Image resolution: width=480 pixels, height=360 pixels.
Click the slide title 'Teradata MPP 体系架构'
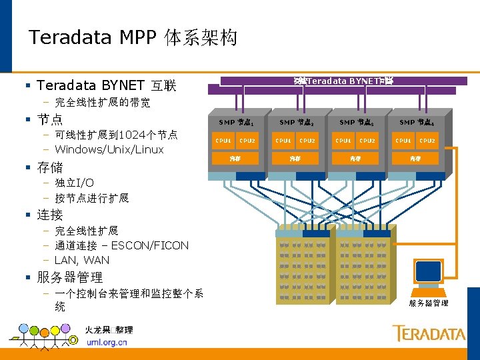(133, 37)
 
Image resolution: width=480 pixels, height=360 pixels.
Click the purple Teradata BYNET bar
(343, 81)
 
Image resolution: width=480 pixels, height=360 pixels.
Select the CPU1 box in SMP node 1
(223, 141)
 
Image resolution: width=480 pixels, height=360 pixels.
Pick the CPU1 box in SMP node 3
(343, 141)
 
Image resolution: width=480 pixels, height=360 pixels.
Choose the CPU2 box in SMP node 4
(427, 141)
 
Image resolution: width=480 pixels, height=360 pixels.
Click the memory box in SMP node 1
(235, 159)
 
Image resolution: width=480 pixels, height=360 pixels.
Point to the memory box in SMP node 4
(415, 159)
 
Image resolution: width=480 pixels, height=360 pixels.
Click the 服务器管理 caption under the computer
(428, 303)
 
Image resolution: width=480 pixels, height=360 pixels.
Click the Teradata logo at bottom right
(428, 333)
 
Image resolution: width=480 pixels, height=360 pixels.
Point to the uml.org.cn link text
(107, 342)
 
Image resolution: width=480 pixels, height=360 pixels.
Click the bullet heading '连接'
(50, 215)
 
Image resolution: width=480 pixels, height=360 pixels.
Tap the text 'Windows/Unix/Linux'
(109, 149)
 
